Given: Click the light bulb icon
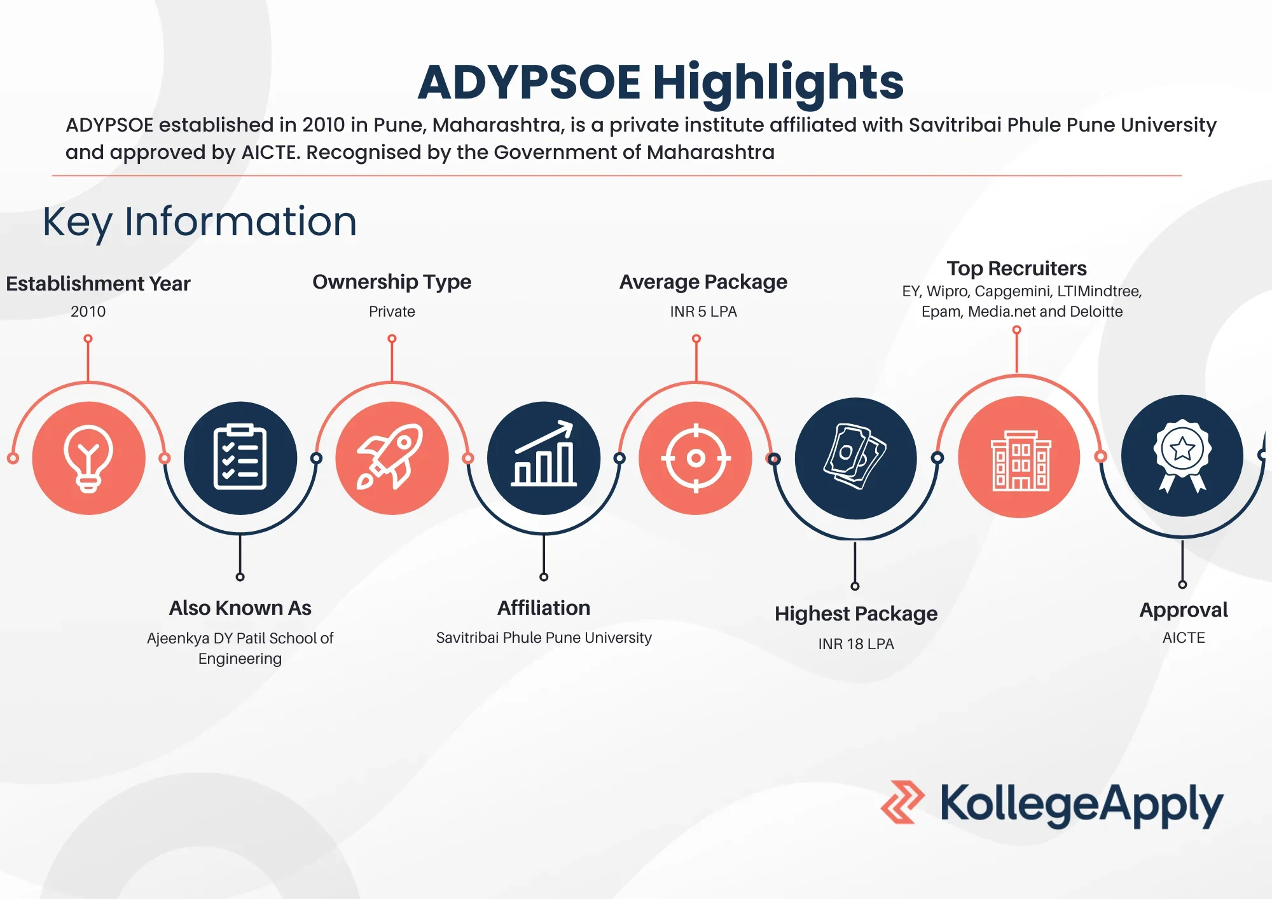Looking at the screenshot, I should (x=88, y=458).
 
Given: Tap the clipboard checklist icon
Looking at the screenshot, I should (x=240, y=458).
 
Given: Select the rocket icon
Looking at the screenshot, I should (x=392, y=458).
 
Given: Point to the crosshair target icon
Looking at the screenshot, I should (x=696, y=458).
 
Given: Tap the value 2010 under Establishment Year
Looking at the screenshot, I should (x=88, y=312).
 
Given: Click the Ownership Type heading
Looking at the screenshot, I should (x=392, y=282).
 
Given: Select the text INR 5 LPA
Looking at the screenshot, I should (x=703, y=312).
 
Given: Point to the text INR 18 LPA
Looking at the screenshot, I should (x=856, y=644).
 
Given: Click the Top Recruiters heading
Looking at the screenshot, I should (x=1016, y=268).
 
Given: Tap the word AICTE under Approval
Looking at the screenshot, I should (x=1184, y=638).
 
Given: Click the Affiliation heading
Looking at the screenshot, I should (x=544, y=608).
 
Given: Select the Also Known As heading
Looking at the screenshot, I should (x=240, y=608).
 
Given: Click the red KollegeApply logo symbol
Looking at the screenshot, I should (x=902, y=802).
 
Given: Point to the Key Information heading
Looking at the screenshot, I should (x=200, y=221).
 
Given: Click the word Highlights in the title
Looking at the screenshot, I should (x=778, y=83).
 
